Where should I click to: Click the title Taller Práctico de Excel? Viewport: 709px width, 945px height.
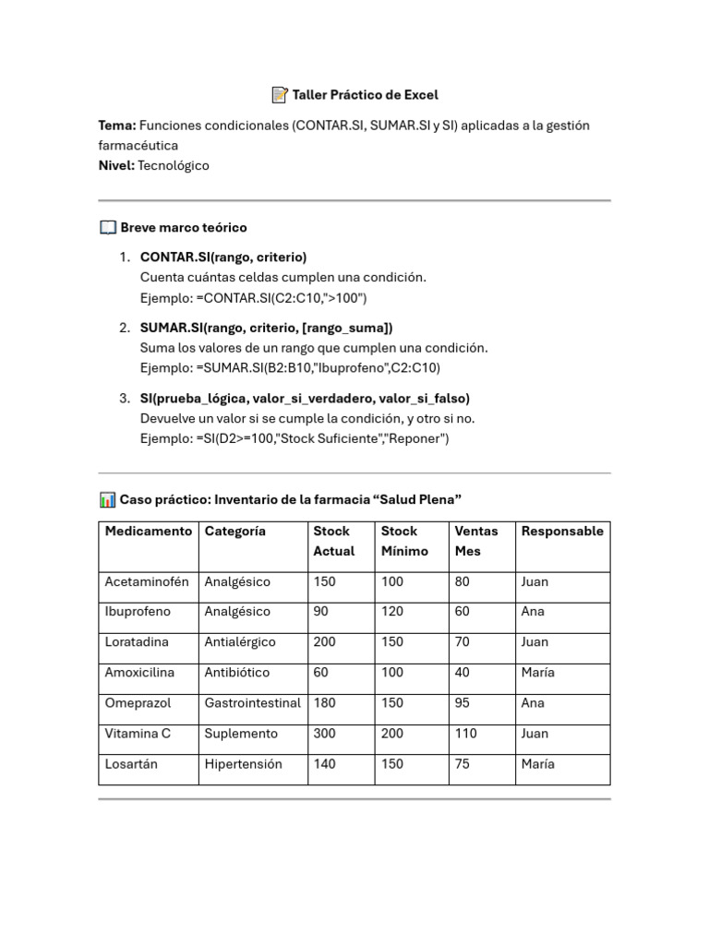(x=365, y=94)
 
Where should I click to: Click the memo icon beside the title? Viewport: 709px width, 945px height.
(x=280, y=94)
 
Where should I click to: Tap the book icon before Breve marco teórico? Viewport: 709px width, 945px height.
(x=107, y=227)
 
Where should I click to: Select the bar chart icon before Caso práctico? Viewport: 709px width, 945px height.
(x=107, y=499)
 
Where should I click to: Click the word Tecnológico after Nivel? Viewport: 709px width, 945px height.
(x=174, y=165)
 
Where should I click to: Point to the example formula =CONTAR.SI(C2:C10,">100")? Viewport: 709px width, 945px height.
(x=254, y=297)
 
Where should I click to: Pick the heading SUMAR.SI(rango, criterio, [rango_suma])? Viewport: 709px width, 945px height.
(x=266, y=328)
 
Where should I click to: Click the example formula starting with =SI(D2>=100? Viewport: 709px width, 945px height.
(x=294, y=438)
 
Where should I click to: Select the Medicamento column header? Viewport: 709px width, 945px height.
(x=149, y=531)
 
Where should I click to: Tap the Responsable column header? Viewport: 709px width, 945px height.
(x=562, y=531)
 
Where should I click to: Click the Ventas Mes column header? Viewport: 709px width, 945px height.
(x=476, y=541)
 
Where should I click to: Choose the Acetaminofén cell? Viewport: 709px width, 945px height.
(x=147, y=581)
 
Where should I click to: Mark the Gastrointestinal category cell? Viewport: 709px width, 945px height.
(x=252, y=703)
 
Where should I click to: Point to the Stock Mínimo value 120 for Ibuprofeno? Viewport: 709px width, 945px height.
(x=393, y=612)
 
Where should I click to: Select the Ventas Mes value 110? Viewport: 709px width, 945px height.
(x=468, y=734)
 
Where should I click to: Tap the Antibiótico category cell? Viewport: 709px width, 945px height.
(x=239, y=673)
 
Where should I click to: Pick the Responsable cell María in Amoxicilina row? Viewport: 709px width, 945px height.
(x=537, y=673)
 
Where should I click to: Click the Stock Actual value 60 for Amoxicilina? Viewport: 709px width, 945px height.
(x=321, y=673)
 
